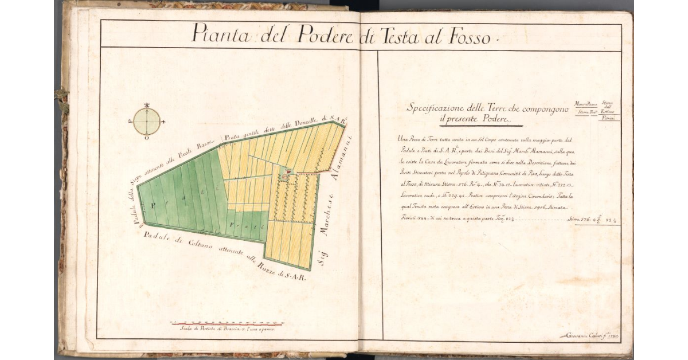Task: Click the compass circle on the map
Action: [x=147, y=122]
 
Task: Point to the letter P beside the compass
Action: [x=131, y=122]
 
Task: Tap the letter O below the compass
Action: [x=147, y=138]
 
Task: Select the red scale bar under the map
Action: [x=227, y=323]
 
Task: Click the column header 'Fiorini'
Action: [x=609, y=118]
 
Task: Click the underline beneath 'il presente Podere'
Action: [x=480, y=126]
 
